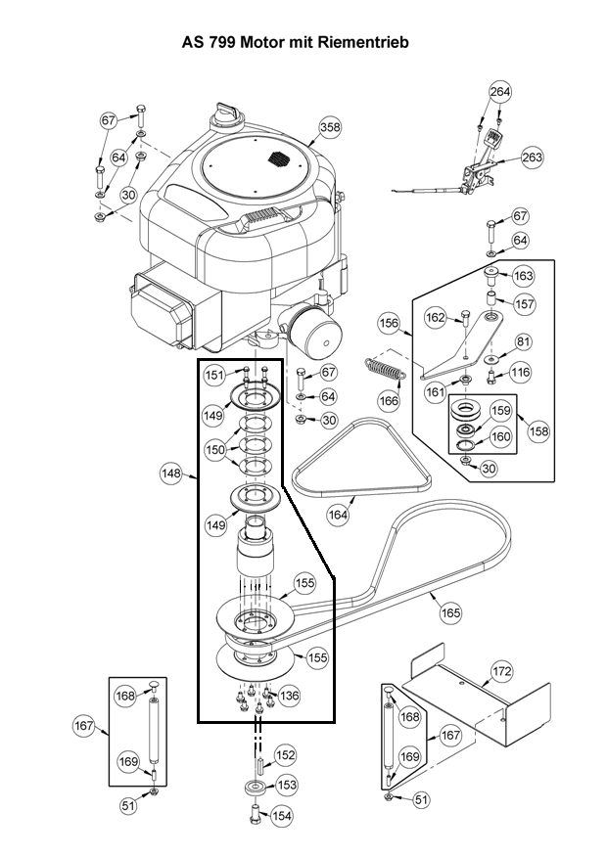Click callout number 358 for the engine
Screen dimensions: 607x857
[x=330, y=127]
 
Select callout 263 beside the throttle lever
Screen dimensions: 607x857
[x=532, y=158]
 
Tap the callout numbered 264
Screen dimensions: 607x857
[x=500, y=91]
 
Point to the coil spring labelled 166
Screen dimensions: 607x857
[x=385, y=368]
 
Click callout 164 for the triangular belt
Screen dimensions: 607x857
[x=339, y=515]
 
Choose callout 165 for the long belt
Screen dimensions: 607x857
[x=450, y=612]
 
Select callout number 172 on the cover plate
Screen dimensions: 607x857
[x=502, y=670]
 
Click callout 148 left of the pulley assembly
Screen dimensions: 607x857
[x=171, y=473]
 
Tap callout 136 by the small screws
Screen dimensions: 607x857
[x=289, y=696]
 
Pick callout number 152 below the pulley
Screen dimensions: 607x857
[x=285, y=755]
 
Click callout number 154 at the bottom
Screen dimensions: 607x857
[x=282, y=816]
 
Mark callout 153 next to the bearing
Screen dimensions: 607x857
[x=287, y=785]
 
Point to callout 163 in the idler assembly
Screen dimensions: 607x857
[x=524, y=276]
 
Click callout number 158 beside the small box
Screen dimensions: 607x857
[x=538, y=431]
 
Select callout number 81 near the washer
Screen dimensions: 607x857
[x=524, y=341]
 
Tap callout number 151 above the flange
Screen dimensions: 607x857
[x=214, y=375]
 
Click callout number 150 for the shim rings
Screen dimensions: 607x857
[x=215, y=449]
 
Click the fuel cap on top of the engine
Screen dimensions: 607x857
[x=226, y=113]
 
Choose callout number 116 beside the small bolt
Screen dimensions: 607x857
[x=520, y=372]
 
